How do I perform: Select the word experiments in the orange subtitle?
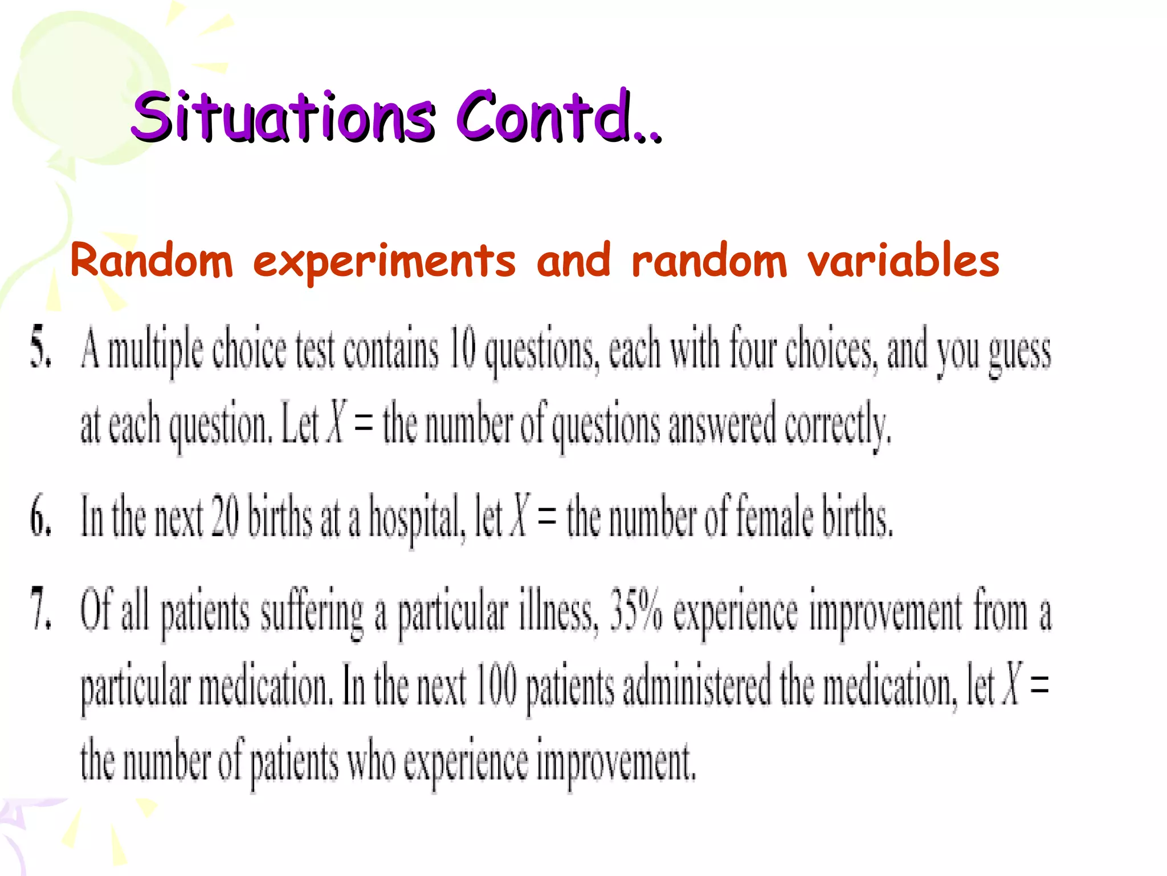pos(384,261)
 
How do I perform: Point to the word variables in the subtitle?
pos(903,260)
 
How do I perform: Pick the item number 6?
pos(40,517)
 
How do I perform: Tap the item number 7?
pos(40,609)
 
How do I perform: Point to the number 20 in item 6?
pos(225,517)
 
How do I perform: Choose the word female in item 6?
pos(775,517)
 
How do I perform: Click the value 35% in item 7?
pos(636,609)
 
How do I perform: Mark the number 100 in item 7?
pos(496,684)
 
